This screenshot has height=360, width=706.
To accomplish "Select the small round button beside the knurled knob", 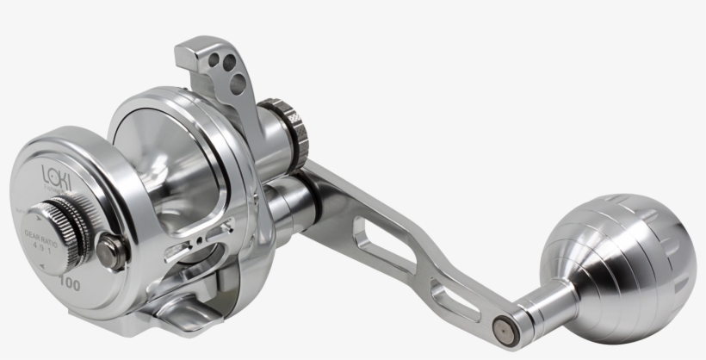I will (108, 251).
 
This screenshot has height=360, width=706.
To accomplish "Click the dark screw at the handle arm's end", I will (501, 328).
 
